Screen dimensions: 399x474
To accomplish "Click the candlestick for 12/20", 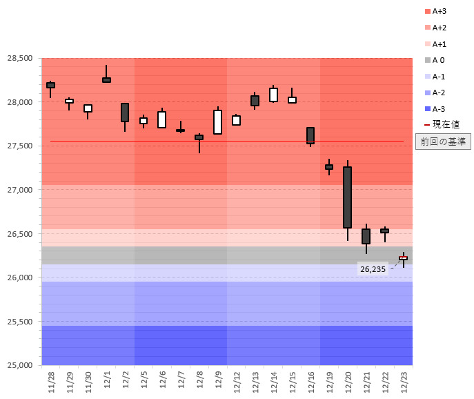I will [347, 197].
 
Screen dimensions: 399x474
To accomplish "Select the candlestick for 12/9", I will [217, 121].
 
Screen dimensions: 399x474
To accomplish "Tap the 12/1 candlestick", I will [106, 80].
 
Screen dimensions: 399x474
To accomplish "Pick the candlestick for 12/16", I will [310, 135].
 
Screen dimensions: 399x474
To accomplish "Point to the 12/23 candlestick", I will [403, 258].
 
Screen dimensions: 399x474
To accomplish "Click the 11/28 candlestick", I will [50, 85].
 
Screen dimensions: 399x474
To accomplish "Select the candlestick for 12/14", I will [273, 95].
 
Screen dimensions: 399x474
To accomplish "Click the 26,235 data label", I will [373, 269].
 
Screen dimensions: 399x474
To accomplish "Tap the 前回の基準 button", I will [443, 142].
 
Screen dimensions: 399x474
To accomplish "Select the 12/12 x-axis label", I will [237, 381].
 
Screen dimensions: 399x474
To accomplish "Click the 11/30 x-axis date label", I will [88, 381].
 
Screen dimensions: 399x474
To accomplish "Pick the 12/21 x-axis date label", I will [366, 381].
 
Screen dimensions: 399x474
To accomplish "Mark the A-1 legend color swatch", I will [428, 77].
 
